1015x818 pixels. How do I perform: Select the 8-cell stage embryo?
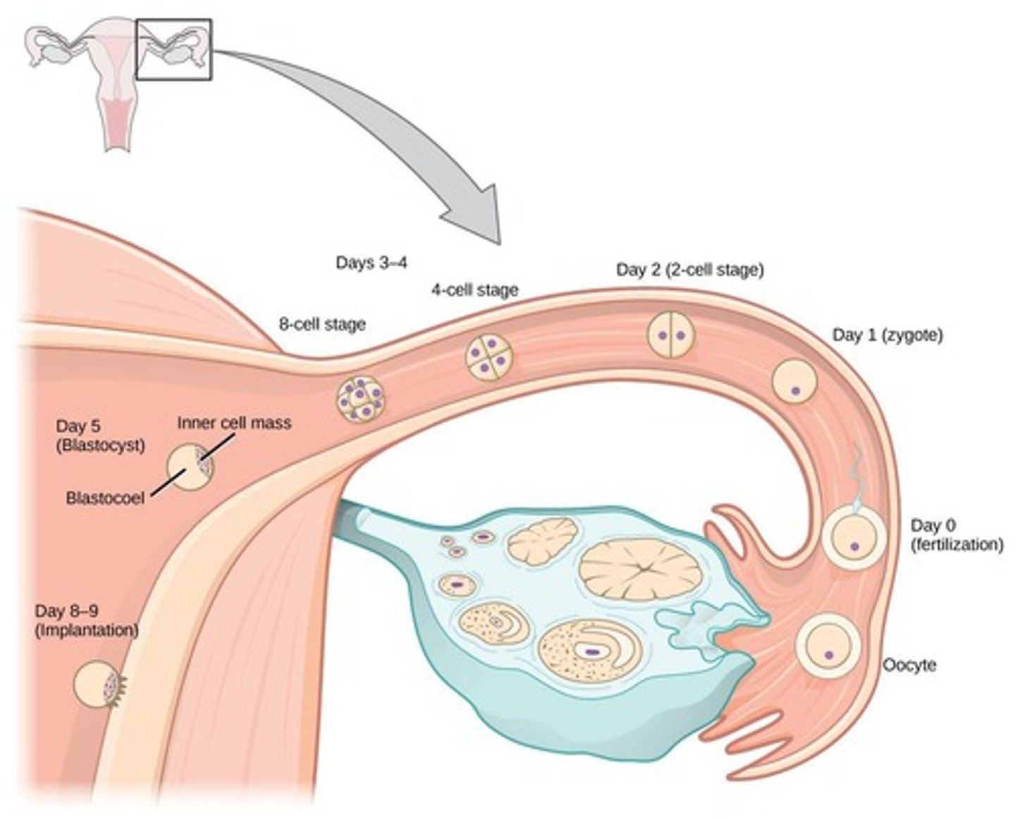click(x=359, y=399)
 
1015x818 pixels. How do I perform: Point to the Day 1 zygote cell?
click(x=794, y=381)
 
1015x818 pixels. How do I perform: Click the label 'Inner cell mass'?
click(x=233, y=422)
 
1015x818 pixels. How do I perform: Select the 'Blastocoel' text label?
click(x=105, y=498)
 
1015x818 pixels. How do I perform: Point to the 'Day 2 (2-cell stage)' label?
click(x=689, y=269)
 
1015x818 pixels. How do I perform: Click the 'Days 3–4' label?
click(x=371, y=263)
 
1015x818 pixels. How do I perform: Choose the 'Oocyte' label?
click(x=909, y=665)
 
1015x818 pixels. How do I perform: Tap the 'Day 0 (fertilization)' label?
click(x=956, y=535)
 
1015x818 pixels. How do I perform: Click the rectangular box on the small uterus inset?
click(x=173, y=49)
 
